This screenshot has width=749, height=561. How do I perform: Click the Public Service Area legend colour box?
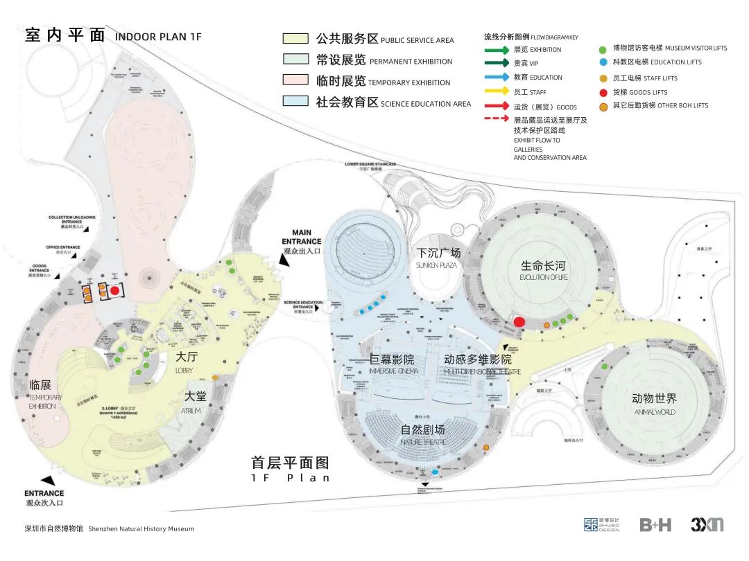(295, 39)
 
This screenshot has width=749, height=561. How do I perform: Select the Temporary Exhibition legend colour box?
(295, 80)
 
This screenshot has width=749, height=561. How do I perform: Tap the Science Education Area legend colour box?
(295, 101)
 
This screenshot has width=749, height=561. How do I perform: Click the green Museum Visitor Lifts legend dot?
(603, 48)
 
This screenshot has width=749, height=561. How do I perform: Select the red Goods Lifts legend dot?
(603, 92)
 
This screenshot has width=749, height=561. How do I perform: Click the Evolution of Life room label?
(544, 269)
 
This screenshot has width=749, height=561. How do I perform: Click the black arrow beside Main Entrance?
(284, 258)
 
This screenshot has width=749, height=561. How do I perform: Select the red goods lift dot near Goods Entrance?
(114, 291)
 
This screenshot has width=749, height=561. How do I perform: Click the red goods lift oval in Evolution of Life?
(519, 321)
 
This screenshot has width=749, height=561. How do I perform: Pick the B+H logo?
(655, 525)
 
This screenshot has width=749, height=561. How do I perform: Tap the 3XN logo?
(707, 524)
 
